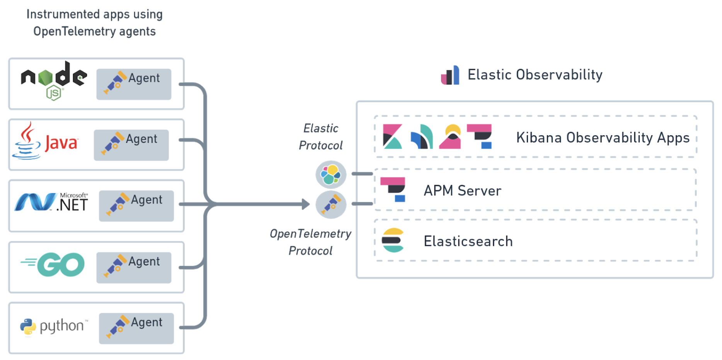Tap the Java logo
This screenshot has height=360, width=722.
click(x=45, y=142)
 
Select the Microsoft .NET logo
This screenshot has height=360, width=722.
click(x=51, y=202)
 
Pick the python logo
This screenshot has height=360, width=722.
click(x=54, y=326)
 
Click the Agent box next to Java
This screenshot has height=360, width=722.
click(x=131, y=145)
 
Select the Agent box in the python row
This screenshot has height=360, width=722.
click(x=136, y=328)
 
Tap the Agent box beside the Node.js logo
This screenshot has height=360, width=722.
click(x=134, y=84)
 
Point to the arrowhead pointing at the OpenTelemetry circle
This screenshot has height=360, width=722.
click(x=306, y=204)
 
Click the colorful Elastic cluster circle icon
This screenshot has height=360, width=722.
click(x=331, y=175)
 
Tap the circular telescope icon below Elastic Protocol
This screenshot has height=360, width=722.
click(x=331, y=205)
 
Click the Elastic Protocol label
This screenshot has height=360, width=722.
click(x=321, y=137)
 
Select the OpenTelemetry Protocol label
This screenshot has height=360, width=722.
click(x=310, y=242)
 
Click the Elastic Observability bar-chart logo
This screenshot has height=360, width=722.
click(x=450, y=75)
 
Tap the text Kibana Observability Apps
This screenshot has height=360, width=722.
click(x=603, y=138)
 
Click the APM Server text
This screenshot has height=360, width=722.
click(x=462, y=190)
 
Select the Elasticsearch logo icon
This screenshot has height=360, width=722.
click(x=393, y=240)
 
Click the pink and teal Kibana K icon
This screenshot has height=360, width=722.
click(x=392, y=136)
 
